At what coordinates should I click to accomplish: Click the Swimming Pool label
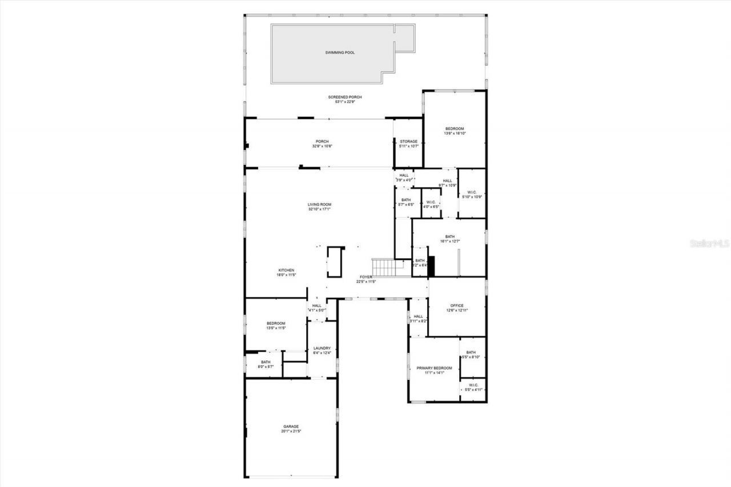click(x=340, y=53)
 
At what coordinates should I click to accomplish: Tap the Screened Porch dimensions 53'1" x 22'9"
click(x=345, y=102)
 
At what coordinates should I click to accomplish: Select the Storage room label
click(x=408, y=142)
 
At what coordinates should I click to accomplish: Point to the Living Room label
click(x=320, y=204)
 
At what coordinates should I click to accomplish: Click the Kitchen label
click(x=286, y=270)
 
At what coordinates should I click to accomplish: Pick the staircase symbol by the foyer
click(x=383, y=267)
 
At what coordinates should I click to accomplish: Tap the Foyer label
click(x=366, y=277)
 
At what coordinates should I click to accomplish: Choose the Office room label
click(x=457, y=305)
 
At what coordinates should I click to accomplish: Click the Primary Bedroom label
click(x=434, y=368)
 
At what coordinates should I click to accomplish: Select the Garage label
click(x=291, y=426)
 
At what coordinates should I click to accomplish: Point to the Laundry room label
click(x=322, y=348)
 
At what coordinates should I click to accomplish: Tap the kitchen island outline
click(x=336, y=261)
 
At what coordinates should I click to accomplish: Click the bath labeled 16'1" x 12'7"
click(x=450, y=239)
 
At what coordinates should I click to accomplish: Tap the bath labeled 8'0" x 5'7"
click(x=266, y=364)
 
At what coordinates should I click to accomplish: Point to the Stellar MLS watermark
click(x=709, y=243)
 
